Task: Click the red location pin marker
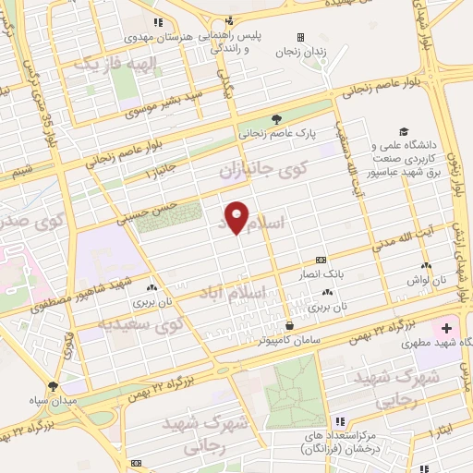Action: click(237, 216)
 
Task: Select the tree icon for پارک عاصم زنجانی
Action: click(275, 118)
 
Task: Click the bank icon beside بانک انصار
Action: click(321, 260)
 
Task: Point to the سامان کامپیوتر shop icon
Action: click(290, 325)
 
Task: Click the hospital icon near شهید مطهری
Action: click(447, 328)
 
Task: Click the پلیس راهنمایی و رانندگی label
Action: click(212, 41)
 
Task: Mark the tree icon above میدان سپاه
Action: click(52, 387)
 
